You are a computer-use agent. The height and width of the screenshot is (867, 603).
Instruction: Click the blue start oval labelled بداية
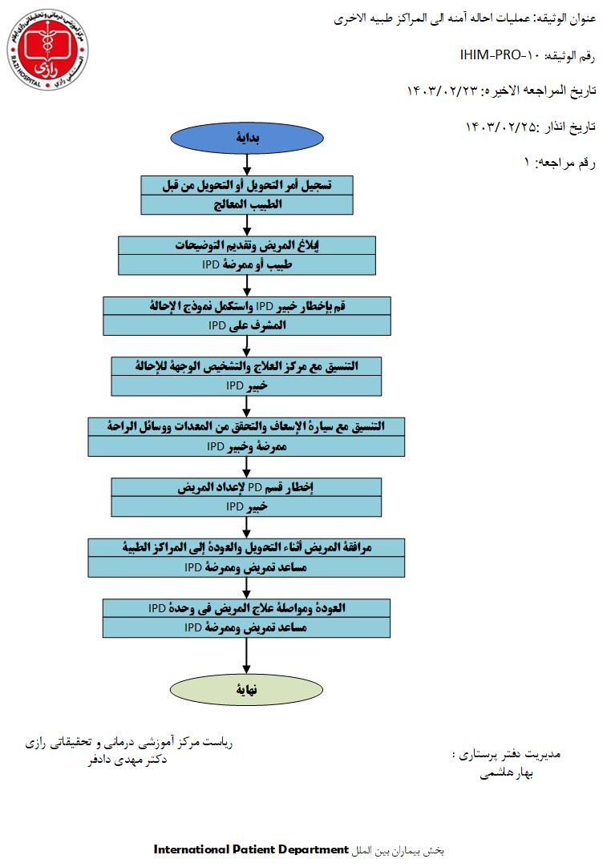point(247,137)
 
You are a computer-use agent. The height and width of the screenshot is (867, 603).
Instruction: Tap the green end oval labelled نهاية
point(247,688)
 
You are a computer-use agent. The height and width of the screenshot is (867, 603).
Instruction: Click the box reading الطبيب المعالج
point(247,204)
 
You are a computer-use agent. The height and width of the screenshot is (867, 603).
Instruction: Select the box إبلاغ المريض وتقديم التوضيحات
point(247,246)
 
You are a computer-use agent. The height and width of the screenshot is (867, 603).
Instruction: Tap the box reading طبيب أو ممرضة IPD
point(247,264)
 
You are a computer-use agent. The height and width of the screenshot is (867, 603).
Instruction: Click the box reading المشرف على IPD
point(247,325)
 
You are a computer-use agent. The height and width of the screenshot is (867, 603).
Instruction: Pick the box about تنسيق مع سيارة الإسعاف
point(247,427)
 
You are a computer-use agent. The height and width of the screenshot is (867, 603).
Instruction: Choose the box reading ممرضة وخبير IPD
point(247,446)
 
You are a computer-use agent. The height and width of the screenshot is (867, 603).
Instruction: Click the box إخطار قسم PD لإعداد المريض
point(247,487)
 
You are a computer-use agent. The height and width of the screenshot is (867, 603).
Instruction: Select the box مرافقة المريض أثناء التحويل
point(247,547)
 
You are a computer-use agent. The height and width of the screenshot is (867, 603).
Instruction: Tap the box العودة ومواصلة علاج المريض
point(247,607)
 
